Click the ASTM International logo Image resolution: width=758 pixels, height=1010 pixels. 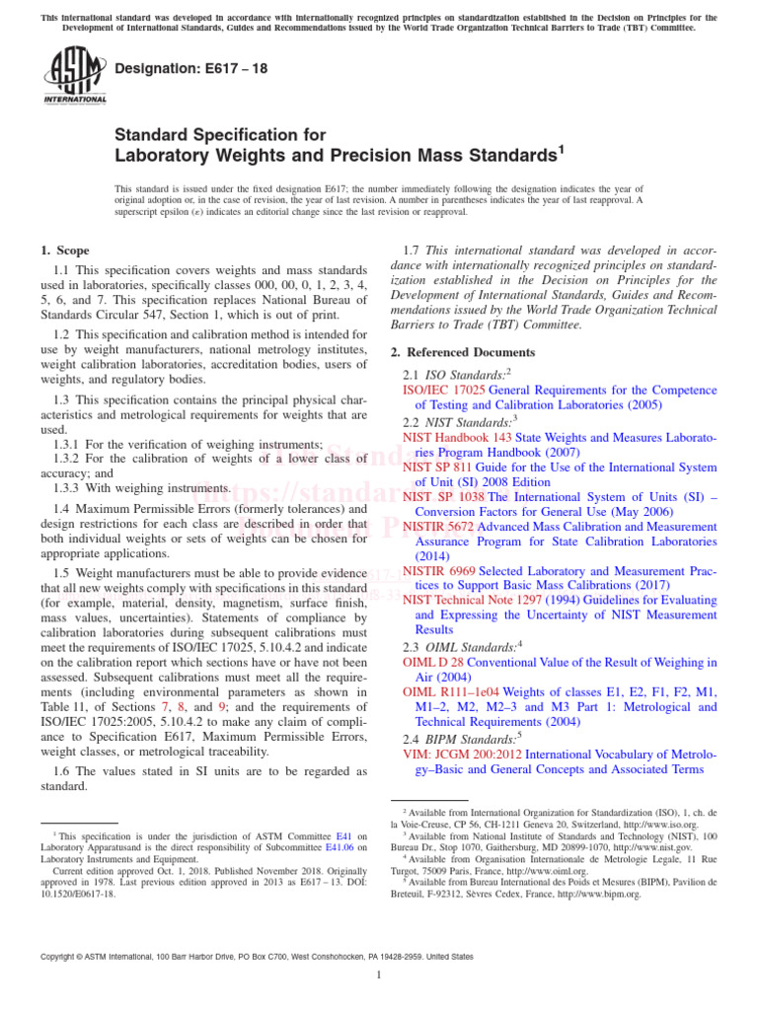coord(74,77)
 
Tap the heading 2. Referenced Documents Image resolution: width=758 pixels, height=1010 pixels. coord(461,352)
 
